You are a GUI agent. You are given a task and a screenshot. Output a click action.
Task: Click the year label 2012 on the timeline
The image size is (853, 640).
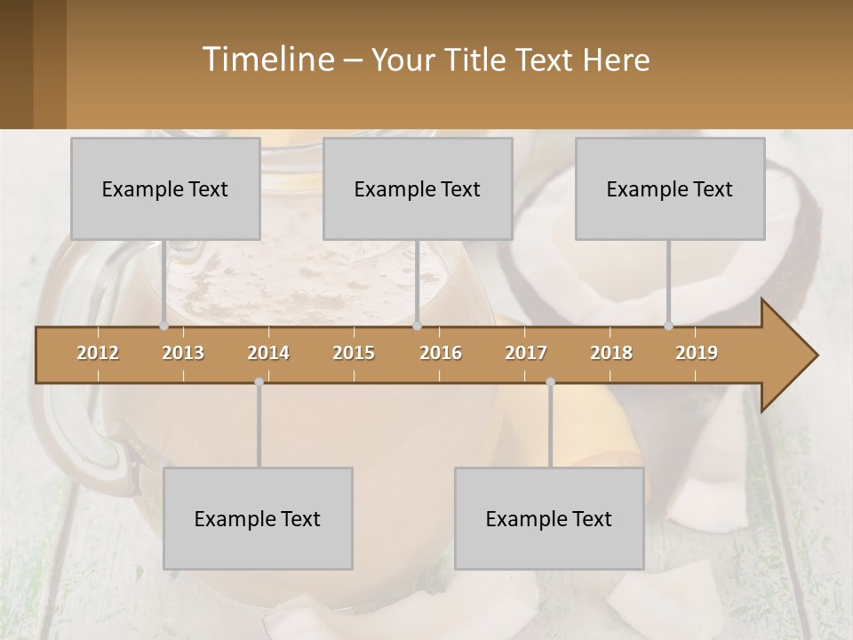click(98, 353)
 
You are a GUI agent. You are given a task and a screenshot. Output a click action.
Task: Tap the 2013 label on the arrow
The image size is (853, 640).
click(183, 353)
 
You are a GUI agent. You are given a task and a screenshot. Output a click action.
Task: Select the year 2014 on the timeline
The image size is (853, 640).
click(268, 353)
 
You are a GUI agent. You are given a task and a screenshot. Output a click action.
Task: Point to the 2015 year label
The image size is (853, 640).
click(354, 353)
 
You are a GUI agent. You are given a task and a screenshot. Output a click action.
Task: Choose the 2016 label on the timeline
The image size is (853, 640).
click(441, 353)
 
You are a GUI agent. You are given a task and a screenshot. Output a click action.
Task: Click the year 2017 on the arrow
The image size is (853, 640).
click(526, 353)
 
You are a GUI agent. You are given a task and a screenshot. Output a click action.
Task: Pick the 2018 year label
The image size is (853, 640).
click(611, 353)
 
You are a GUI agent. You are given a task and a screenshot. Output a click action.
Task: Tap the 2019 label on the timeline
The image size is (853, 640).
click(697, 353)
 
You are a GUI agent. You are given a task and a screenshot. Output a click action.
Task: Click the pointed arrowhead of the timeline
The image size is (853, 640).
click(791, 356)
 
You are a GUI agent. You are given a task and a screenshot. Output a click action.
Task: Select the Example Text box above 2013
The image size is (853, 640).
click(165, 188)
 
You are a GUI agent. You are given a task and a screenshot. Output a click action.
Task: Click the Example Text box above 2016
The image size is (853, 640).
click(418, 188)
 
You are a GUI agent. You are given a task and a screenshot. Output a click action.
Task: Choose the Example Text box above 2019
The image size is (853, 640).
click(670, 188)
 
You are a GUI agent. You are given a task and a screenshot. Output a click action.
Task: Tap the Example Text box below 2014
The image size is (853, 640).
click(258, 518)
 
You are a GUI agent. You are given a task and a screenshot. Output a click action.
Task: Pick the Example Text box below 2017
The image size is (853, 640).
click(549, 518)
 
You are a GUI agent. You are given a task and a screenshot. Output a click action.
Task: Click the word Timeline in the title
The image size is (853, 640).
click(267, 60)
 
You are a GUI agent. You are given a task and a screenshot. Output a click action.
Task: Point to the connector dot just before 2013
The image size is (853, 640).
click(163, 325)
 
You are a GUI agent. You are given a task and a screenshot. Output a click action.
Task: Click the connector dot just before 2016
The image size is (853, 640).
click(417, 325)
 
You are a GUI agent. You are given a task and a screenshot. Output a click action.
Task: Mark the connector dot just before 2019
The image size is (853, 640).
click(668, 325)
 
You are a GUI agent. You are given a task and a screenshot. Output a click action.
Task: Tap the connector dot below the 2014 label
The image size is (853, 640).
click(259, 382)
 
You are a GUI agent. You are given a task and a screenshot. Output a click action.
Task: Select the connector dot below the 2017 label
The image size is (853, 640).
click(550, 382)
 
